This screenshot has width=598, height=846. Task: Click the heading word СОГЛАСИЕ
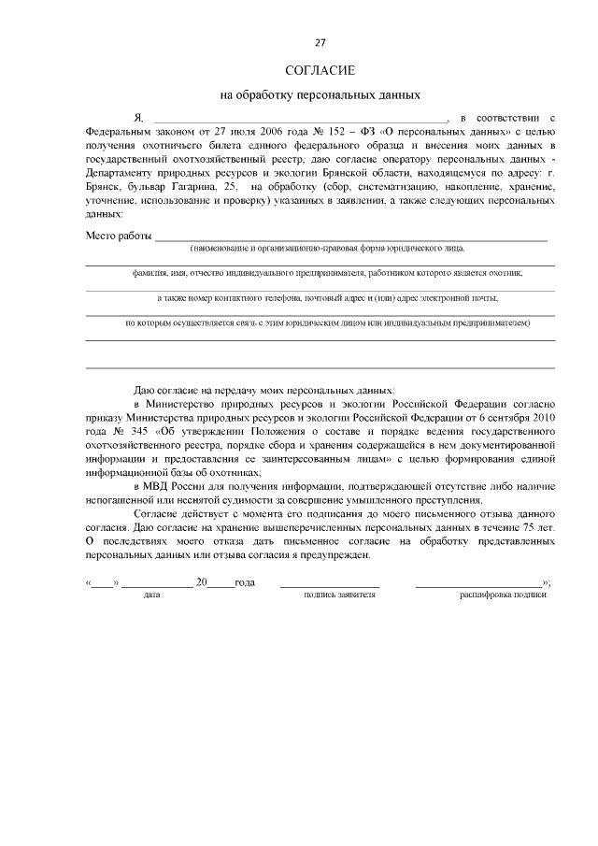click(320, 71)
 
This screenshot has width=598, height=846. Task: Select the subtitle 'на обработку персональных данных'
click(320, 94)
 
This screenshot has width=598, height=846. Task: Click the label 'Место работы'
click(118, 236)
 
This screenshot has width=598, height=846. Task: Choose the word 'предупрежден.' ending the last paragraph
click(338, 554)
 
